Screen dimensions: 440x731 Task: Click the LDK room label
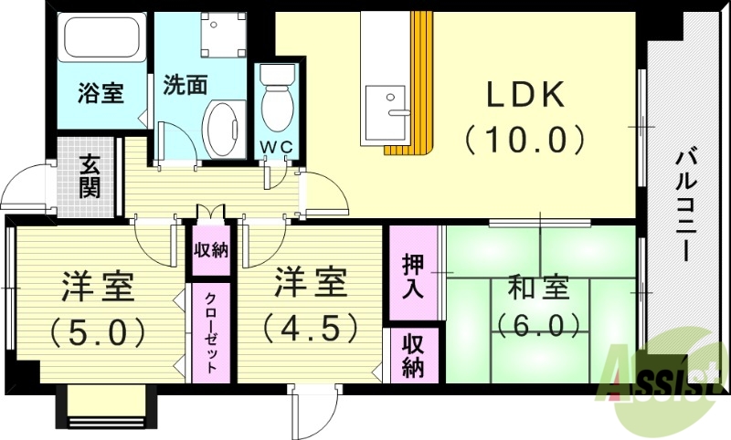527,96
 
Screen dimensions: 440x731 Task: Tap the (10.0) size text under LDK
524,140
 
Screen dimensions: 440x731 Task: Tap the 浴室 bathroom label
100,93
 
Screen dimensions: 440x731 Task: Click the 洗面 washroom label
185,85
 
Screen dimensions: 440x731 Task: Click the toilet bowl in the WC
278,105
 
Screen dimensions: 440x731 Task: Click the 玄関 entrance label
90,177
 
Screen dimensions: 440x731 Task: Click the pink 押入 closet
413,274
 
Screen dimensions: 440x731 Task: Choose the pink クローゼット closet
211,333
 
